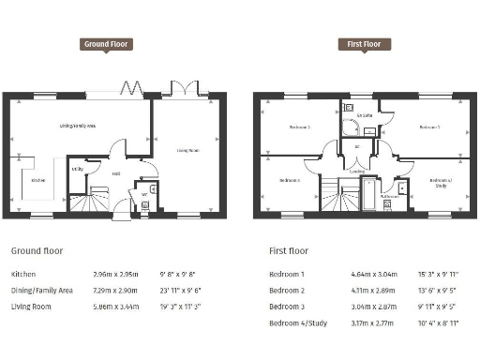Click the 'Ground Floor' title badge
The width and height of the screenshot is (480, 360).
[x=107, y=44]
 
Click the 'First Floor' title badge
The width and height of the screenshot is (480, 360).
[x=365, y=44]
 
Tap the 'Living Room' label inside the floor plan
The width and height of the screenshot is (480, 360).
[x=188, y=149]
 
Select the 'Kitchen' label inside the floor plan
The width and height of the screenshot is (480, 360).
[x=38, y=180]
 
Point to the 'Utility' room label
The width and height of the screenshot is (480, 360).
[x=79, y=170]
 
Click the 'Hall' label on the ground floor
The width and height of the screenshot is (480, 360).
[x=116, y=174]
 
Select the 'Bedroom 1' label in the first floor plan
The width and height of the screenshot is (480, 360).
[x=428, y=127]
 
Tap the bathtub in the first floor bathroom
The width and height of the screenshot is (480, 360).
[x=368, y=195]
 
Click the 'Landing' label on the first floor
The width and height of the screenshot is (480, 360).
[x=358, y=172]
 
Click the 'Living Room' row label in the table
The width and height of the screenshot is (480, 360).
[x=33, y=307]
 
